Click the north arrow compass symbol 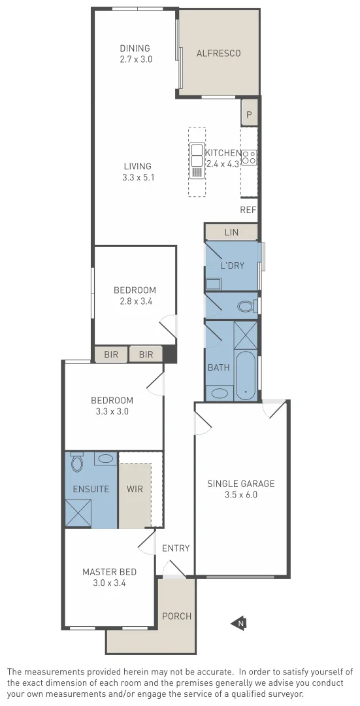(238, 624)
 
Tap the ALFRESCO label (218, 54)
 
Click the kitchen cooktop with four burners (249, 157)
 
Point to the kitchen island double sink (197, 155)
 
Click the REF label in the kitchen (248, 210)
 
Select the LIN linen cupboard (231, 232)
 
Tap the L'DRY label (232, 265)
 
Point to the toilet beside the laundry (246, 306)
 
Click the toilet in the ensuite (77, 463)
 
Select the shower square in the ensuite (78, 513)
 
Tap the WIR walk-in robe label (135, 489)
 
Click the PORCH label (176, 616)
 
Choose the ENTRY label (176, 548)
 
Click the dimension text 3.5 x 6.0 (241, 495)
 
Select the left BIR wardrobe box (111, 354)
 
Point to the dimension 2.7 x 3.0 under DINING (135, 59)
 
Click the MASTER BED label (109, 572)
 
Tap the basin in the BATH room (220, 394)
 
